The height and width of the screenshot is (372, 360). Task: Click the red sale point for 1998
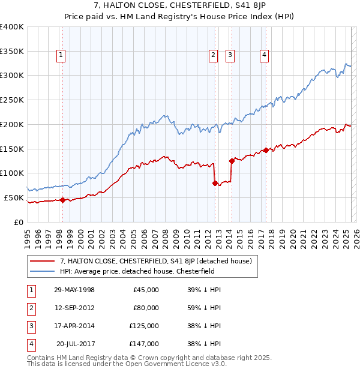pos(62,200)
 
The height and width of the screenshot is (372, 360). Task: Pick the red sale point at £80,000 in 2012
pos(214,183)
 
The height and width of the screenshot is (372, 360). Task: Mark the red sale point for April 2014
pos(231,161)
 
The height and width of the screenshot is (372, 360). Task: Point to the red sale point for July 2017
pos(265,150)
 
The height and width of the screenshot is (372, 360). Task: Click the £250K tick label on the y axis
pos(12,100)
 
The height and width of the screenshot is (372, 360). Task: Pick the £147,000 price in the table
pos(144,344)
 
